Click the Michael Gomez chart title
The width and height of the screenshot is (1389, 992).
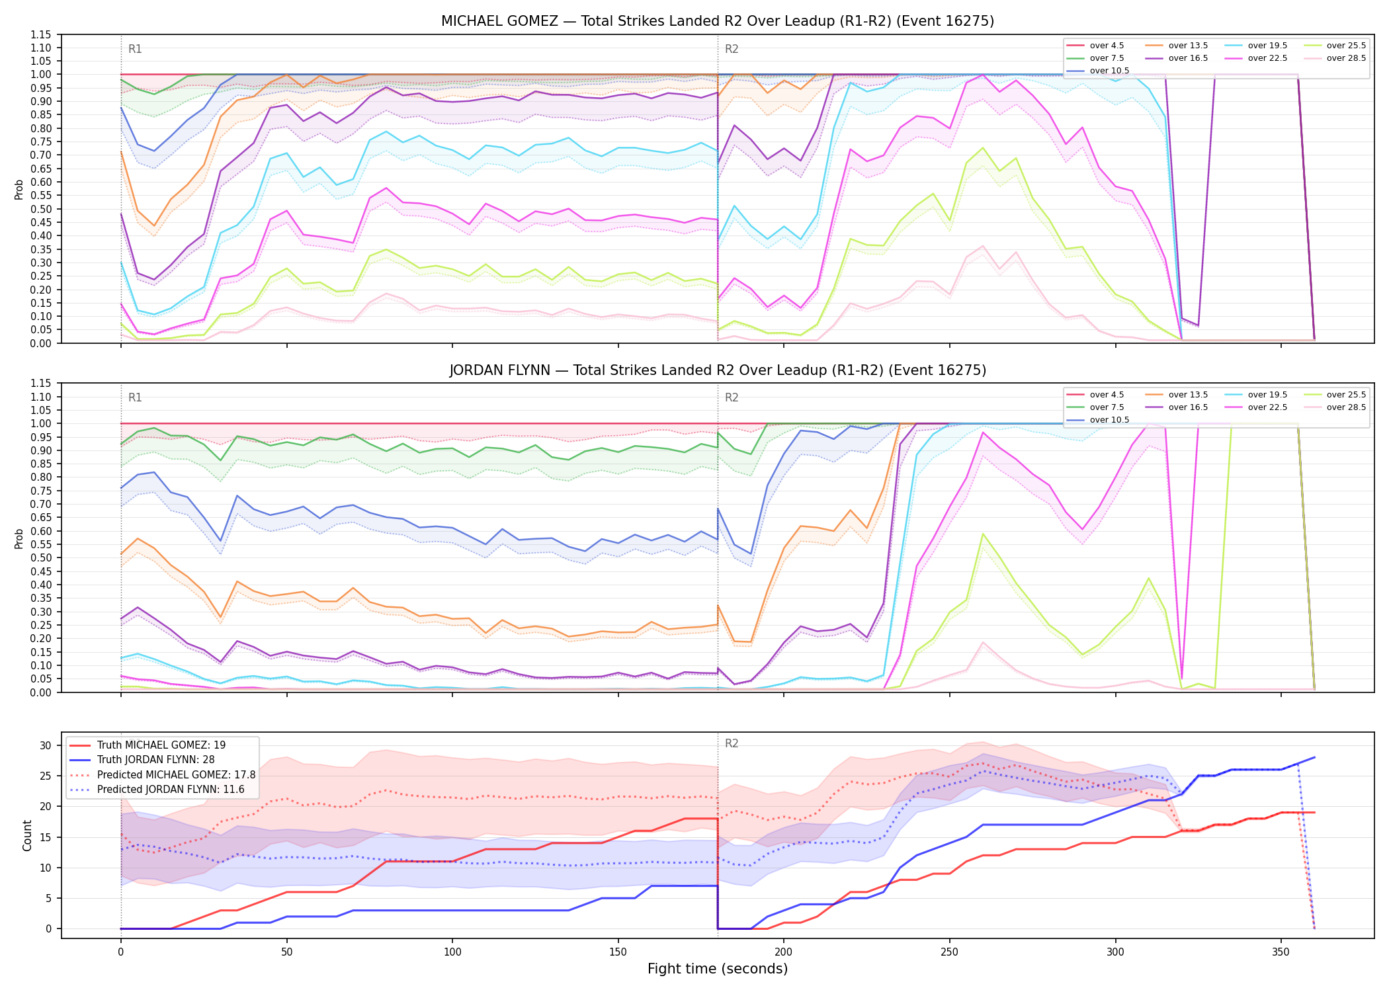718,21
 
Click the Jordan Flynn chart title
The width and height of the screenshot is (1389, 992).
718,370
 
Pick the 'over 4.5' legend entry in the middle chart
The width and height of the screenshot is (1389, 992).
1095,395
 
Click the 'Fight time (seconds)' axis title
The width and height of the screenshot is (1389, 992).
718,969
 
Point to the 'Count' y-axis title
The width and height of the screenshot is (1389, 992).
27,835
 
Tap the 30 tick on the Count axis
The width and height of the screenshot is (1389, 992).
46,745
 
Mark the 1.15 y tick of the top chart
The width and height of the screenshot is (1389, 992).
41,34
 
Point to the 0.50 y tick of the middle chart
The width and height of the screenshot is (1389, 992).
41,558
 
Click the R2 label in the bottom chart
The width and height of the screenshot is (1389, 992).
732,743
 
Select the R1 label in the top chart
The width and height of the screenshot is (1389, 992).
135,49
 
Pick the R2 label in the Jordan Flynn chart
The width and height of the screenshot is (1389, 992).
732,397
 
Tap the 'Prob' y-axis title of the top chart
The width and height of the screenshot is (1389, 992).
19,189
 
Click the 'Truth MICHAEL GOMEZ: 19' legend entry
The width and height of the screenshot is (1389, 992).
147,745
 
